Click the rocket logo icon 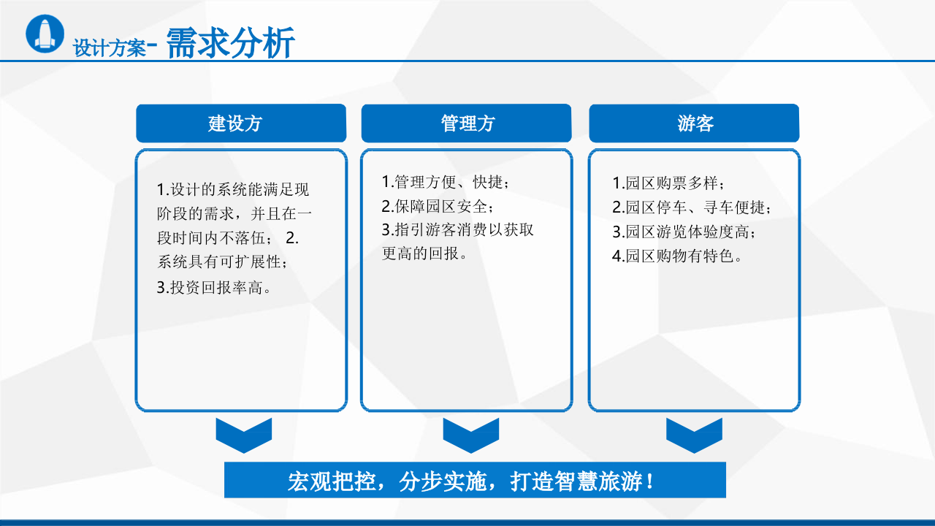click(x=45, y=34)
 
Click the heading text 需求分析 click(x=231, y=44)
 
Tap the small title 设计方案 click(x=110, y=48)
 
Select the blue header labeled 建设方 click(x=241, y=123)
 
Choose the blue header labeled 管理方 click(x=467, y=123)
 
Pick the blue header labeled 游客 click(x=694, y=123)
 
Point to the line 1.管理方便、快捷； click(x=445, y=182)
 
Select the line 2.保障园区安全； click(x=438, y=206)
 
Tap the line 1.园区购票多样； click(x=668, y=183)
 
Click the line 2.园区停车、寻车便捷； click(x=691, y=207)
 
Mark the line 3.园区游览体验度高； click(x=683, y=232)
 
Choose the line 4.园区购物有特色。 click(x=677, y=256)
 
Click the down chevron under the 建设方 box click(x=244, y=435)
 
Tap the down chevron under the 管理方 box click(x=471, y=435)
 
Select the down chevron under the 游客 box click(x=694, y=435)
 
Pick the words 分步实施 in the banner click(x=445, y=481)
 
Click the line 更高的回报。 click(x=424, y=254)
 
